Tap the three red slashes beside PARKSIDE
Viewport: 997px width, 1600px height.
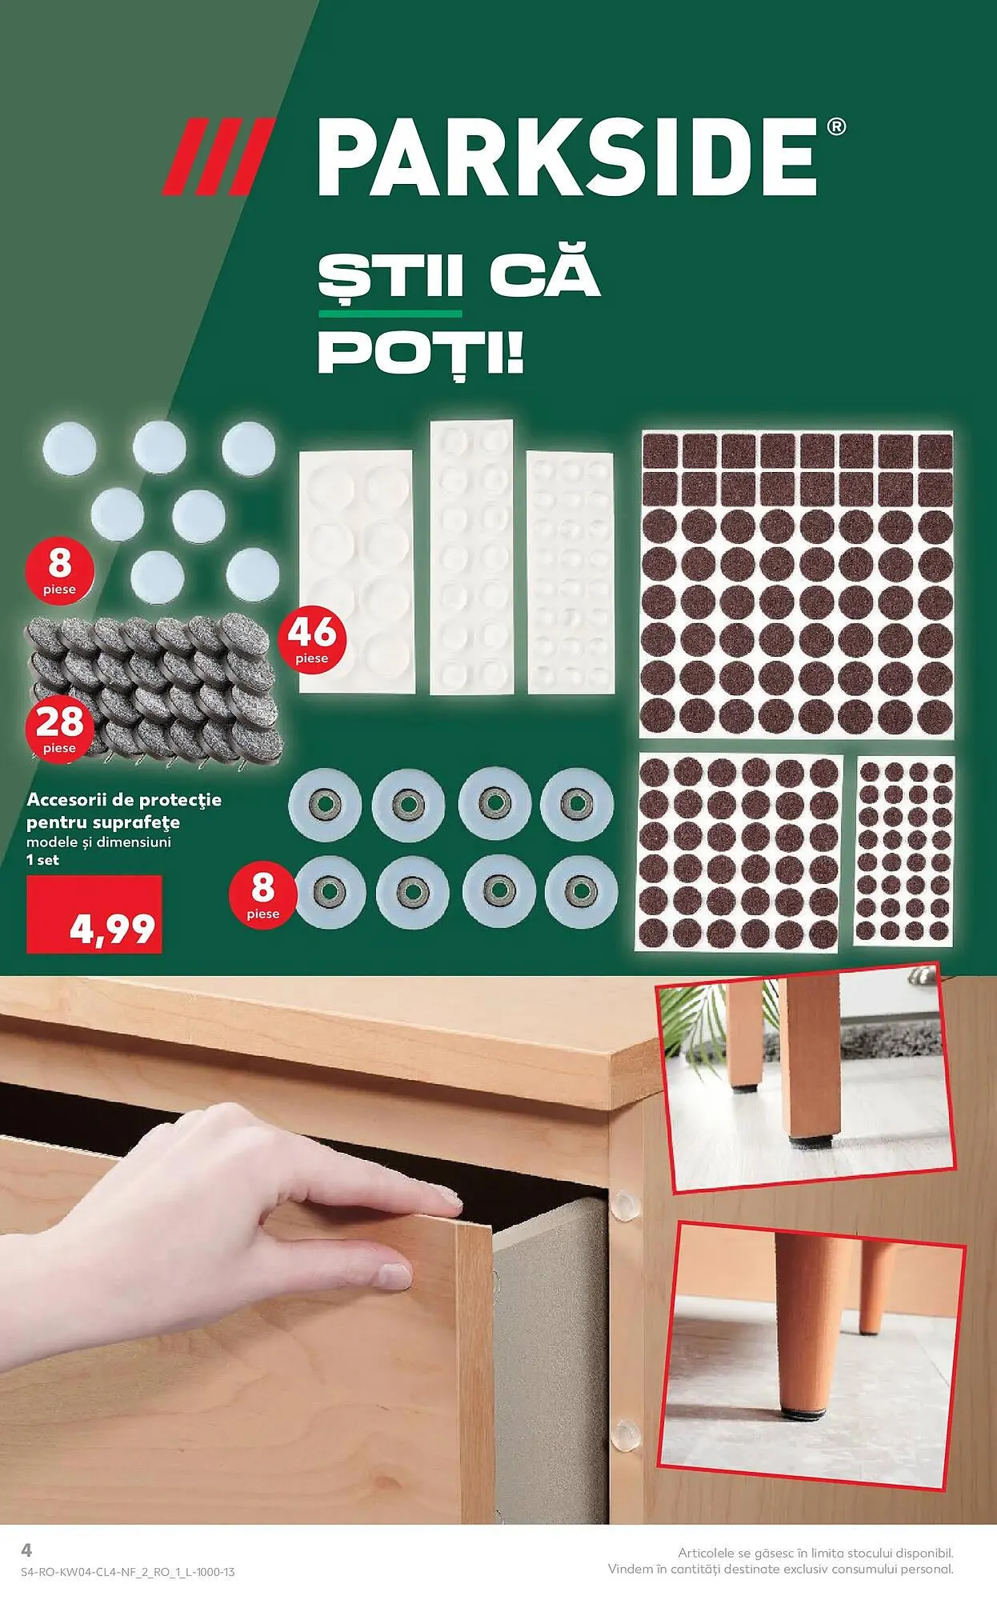218,156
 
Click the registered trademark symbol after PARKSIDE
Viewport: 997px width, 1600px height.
835,127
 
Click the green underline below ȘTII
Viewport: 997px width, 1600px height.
390,314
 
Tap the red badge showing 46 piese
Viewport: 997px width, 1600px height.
312,642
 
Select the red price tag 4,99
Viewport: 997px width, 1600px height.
94,914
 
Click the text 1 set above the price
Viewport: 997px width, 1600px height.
42,860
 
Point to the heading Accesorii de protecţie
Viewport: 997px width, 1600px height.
124,799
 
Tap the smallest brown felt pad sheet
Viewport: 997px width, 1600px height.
904,850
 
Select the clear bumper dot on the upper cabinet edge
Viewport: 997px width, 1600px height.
625,1202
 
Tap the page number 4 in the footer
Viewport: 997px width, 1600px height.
26,1550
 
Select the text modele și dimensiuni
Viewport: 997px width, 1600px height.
98,842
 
